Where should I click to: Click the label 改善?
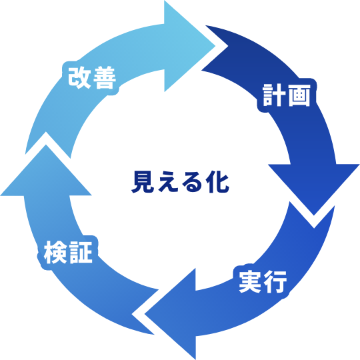tap(92, 77)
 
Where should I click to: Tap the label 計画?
tap(287, 95)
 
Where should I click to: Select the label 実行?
tap(263, 282)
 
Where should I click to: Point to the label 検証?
tap(68, 253)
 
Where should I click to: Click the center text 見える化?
tap(180, 181)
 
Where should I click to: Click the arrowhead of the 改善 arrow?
tap(187, 46)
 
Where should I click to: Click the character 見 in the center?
tap(143, 181)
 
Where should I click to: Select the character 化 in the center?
tap(217, 181)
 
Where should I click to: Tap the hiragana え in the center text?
tap(168, 181)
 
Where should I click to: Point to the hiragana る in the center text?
tap(193, 182)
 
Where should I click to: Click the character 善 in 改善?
tap(105, 77)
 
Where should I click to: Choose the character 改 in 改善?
tap(79, 77)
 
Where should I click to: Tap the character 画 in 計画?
tap(299, 95)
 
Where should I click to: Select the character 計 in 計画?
tap(275, 95)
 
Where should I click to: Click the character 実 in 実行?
tap(250, 282)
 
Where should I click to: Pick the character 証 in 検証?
tap(81, 253)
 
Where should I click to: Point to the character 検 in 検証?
tap(55, 253)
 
